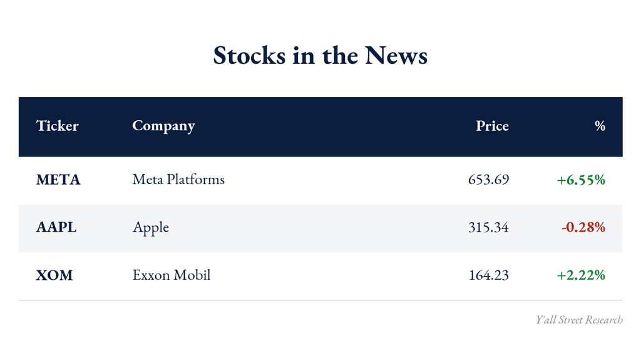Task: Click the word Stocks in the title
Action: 249,55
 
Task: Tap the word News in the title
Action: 396,55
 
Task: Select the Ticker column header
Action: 57,126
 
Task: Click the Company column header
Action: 163,126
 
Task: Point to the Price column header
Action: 492,126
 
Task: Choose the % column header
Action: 600,126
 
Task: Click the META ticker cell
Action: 58,180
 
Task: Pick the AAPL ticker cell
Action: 56,227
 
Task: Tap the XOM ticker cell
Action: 54,275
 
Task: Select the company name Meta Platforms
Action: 178,180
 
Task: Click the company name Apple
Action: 150,228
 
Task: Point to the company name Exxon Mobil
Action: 172,275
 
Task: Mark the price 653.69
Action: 488,180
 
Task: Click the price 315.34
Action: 488,227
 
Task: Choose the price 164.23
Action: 489,275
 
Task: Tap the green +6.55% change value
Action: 581,180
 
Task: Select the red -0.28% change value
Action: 583,227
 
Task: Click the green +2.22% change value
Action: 581,275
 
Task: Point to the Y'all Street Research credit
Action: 579,319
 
